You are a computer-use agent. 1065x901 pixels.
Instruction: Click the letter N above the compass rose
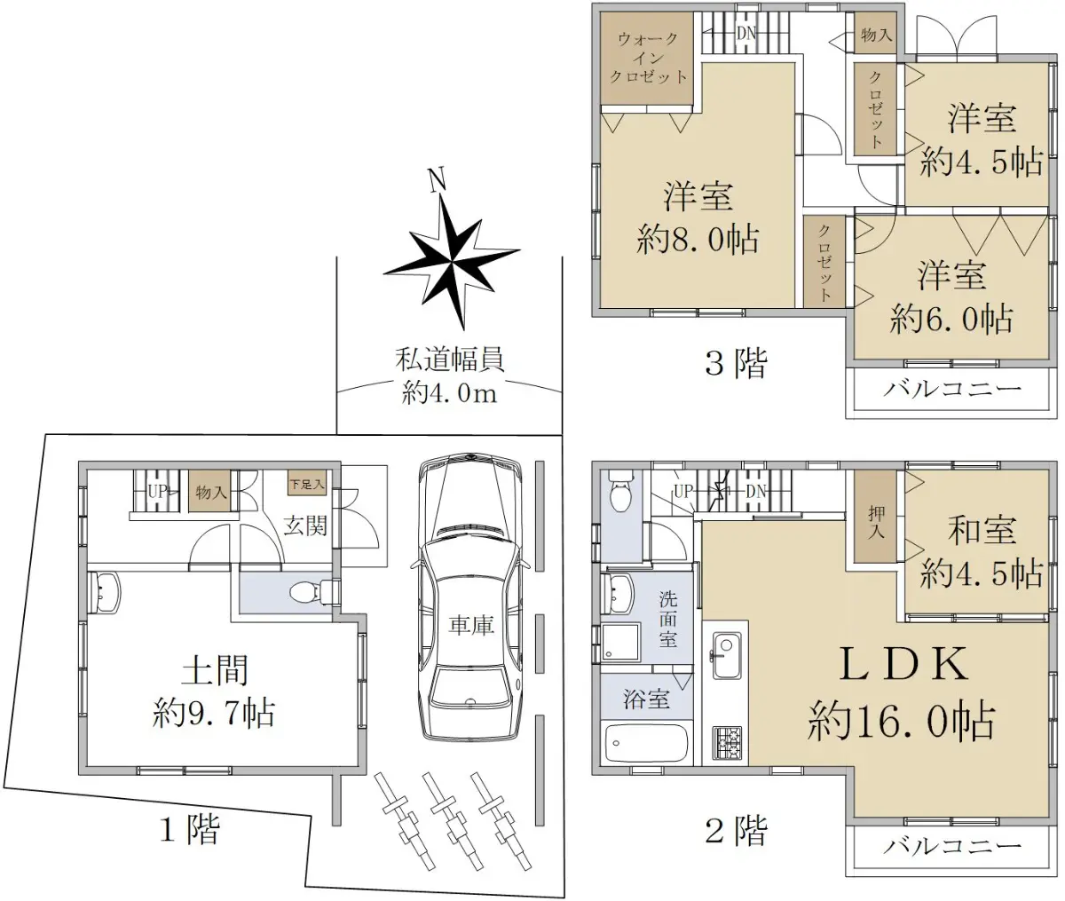click(x=437, y=180)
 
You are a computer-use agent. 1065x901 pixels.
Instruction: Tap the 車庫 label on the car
click(x=471, y=626)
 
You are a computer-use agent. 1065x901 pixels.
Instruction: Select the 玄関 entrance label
click(x=305, y=526)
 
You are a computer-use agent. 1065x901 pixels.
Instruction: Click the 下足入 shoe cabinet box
click(x=307, y=485)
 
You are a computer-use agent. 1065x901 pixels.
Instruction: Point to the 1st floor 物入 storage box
click(x=209, y=491)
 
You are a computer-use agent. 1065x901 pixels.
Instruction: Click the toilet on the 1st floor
click(x=313, y=592)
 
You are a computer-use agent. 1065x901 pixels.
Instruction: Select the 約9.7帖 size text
click(x=213, y=714)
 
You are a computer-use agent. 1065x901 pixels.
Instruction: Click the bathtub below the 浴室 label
click(x=646, y=744)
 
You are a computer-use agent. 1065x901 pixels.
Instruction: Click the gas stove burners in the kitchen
click(x=727, y=743)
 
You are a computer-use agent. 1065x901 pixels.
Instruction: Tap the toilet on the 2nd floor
click(x=619, y=493)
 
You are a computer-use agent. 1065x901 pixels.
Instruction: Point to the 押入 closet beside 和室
click(x=876, y=517)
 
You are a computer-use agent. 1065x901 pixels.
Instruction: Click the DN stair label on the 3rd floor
click(x=746, y=34)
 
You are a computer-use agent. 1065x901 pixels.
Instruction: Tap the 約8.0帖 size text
click(x=698, y=241)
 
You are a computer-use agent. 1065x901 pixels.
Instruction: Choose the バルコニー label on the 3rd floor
click(x=952, y=388)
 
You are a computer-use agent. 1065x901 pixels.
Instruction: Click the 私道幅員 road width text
click(x=449, y=360)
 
